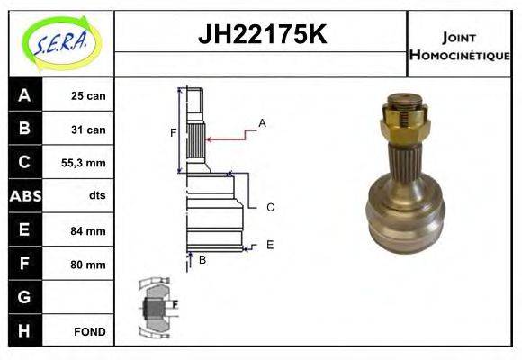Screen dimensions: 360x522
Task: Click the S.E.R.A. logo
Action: (60, 42)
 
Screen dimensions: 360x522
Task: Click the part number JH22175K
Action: (261, 36)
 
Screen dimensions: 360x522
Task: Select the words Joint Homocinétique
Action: (459, 45)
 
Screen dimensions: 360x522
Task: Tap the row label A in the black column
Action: (24, 95)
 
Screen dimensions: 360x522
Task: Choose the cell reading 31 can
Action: (88, 130)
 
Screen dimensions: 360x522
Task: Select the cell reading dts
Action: (97, 195)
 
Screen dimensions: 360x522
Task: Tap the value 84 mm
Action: (88, 231)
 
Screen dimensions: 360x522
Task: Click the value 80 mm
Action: (88, 265)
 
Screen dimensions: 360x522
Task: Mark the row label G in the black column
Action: (24, 297)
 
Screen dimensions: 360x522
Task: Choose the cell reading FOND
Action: (90, 331)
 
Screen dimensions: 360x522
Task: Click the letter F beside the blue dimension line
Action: (173, 133)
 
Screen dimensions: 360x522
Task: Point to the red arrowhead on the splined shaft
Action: (210, 139)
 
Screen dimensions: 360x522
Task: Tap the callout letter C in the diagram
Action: (270, 207)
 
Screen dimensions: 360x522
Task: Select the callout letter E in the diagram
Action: (270, 244)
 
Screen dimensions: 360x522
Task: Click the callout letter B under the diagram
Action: (202, 260)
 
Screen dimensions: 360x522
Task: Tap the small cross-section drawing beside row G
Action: (155, 307)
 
